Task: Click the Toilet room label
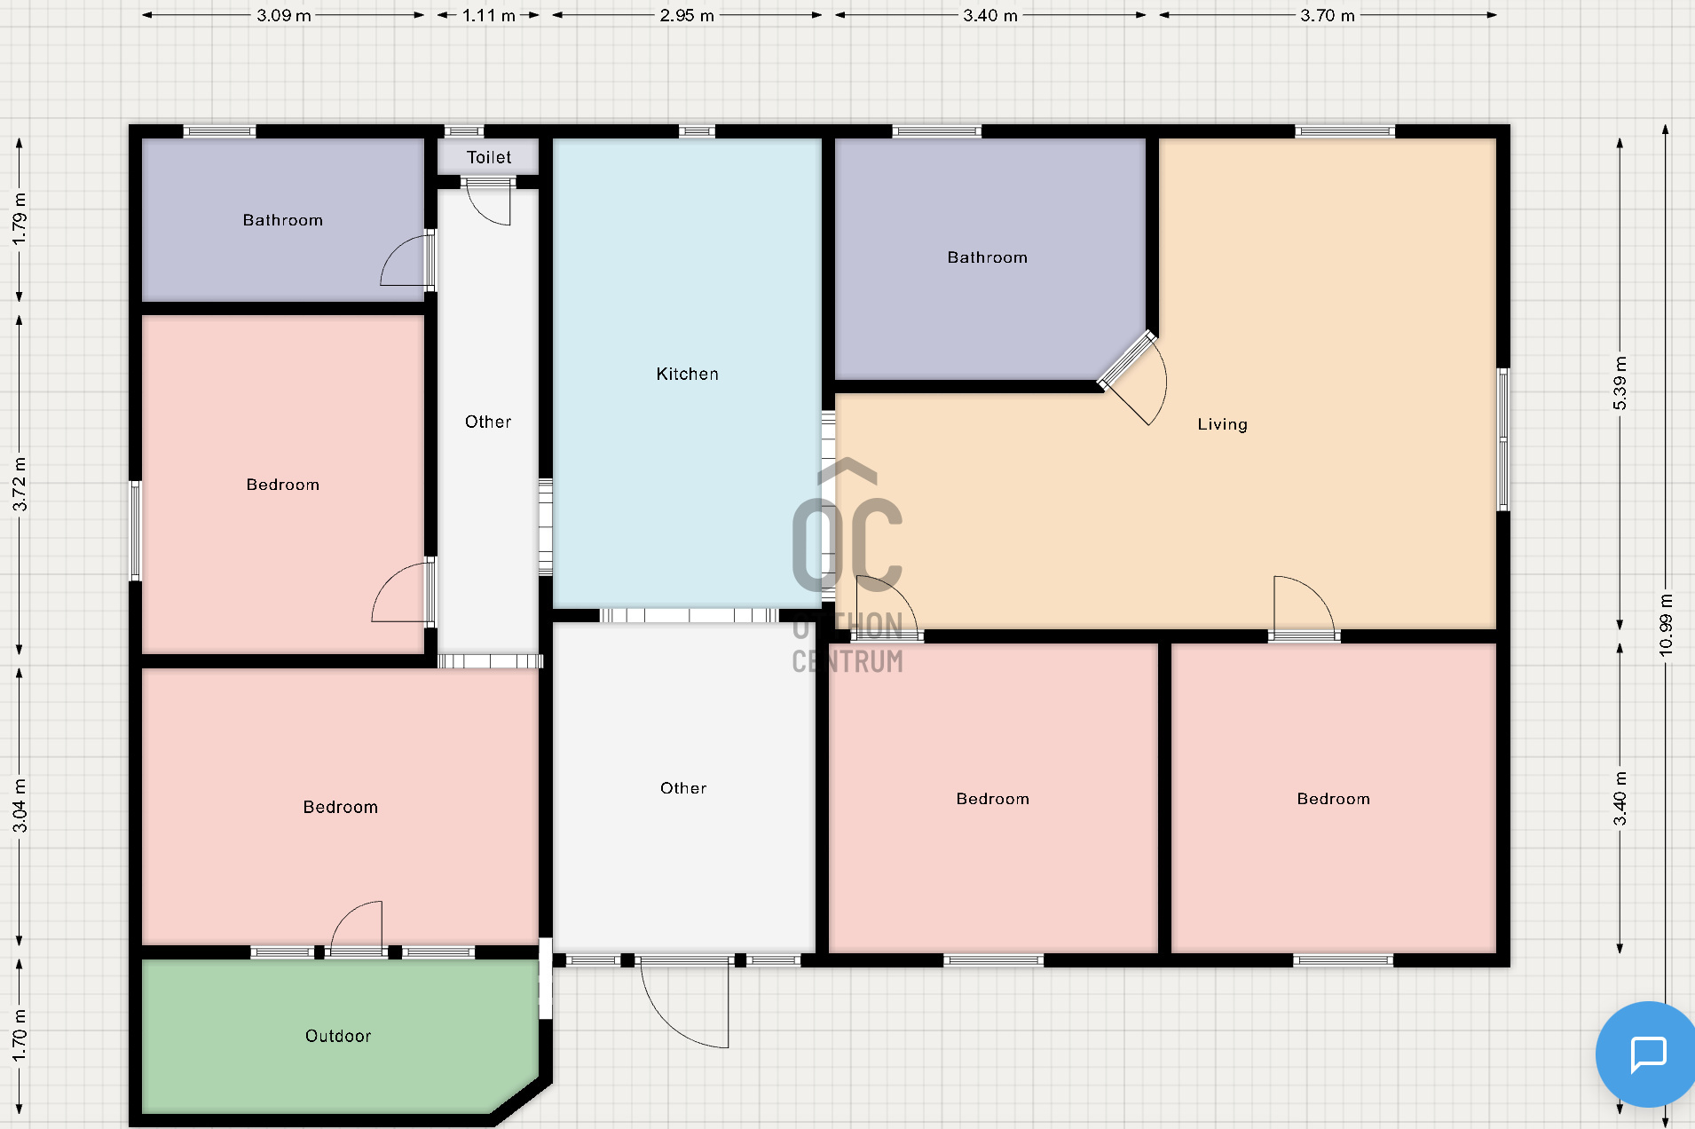(489, 158)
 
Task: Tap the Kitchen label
(688, 375)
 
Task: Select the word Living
(1222, 424)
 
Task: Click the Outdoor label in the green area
(338, 1036)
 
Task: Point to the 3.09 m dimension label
(284, 15)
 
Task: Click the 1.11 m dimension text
(489, 15)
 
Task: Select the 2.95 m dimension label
(687, 15)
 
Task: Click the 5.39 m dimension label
(1620, 383)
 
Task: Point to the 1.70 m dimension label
(20, 1035)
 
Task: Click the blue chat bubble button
(1645, 1054)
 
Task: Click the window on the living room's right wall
(1503, 439)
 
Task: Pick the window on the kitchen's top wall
(697, 131)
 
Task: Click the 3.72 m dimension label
(20, 484)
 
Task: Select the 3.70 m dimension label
(1328, 15)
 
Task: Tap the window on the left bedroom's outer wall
(136, 531)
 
